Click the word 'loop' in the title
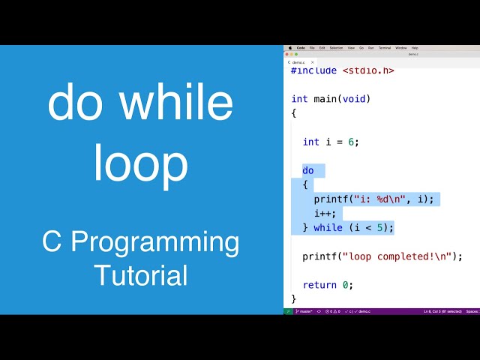[x=140, y=163]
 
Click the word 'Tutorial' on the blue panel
[x=140, y=274]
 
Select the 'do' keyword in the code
[x=308, y=170]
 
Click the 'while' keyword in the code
[x=328, y=227]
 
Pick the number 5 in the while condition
[x=380, y=227]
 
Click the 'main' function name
[x=325, y=99]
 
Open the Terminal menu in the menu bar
[x=384, y=47]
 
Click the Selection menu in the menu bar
[x=336, y=47]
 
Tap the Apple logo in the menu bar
[x=289, y=47]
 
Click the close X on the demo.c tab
[x=313, y=62]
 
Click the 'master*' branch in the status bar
[x=304, y=310]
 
